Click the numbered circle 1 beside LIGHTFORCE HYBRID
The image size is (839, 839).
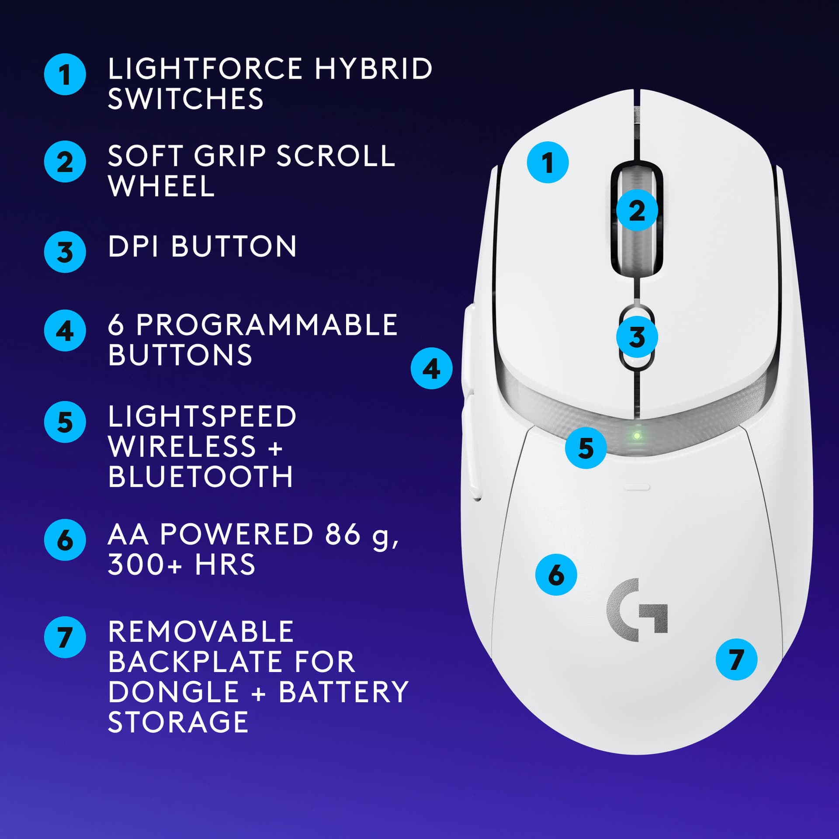[x=65, y=74]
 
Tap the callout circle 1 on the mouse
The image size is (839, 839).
[x=548, y=162]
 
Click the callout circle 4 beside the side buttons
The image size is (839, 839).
[x=431, y=368]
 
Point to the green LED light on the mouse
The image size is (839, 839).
[x=637, y=436]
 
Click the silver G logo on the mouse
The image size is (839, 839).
[x=637, y=610]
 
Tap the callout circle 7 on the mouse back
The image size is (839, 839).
[x=736, y=659]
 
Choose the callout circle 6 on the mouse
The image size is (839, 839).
[x=556, y=575]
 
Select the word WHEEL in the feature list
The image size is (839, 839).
[x=161, y=187]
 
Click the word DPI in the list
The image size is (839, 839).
[x=133, y=246]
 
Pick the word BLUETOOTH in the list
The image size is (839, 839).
[x=200, y=476]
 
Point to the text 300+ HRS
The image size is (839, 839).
[x=181, y=565]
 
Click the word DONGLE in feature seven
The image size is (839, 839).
[x=173, y=692]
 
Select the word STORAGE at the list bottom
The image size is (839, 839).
[x=178, y=722]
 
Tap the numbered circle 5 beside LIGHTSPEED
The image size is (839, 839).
[x=65, y=422]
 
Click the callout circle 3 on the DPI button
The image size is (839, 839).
[x=637, y=337]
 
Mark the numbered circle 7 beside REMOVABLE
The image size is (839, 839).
[x=65, y=637]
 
